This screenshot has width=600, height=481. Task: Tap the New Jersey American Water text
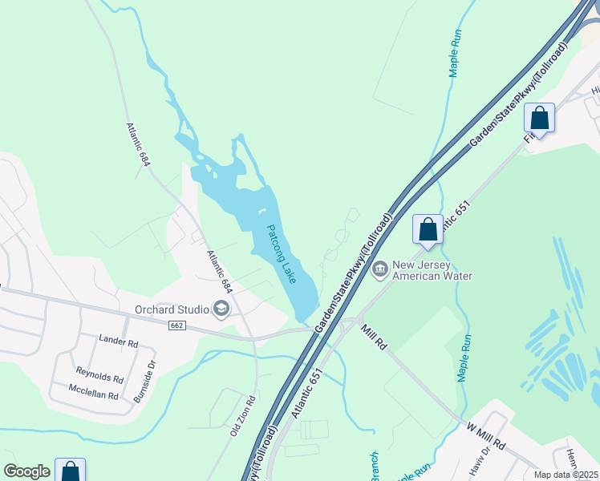[432, 271]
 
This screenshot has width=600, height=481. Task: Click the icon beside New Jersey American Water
[380, 268]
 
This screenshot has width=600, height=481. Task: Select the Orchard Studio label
[169, 308]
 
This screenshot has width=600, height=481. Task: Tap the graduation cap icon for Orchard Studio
[220, 309]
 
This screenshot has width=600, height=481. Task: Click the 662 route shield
[178, 325]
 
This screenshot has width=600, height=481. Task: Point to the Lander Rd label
[118, 342]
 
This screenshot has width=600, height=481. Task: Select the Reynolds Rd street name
[99, 374]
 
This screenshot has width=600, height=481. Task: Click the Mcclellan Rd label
[93, 396]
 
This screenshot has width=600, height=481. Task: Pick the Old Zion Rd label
[242, 415]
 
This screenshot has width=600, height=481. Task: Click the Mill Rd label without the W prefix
[375, 336]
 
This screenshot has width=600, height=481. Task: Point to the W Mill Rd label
[487, 437]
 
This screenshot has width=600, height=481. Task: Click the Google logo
[26, 471]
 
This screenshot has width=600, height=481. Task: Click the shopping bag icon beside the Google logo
[70, 471]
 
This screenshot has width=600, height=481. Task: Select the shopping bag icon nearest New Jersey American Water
[428, 229]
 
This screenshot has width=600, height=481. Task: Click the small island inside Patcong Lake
[261, 212]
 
